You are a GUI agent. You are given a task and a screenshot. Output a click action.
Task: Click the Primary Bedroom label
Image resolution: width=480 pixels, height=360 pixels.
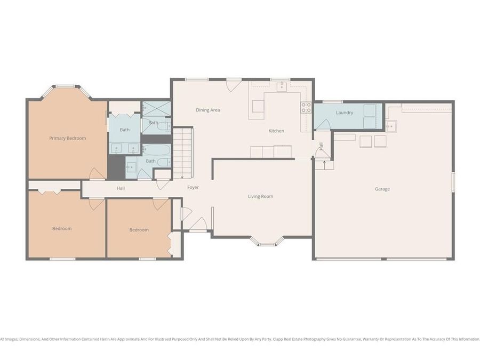(x=67, y=138)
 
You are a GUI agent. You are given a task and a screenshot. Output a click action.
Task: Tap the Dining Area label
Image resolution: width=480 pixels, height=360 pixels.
(x=208, y=110)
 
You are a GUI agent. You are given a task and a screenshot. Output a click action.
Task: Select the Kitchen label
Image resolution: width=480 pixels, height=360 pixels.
(x=276, y=131)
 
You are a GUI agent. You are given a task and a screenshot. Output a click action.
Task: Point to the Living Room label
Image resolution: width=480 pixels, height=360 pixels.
(x=260, y=196)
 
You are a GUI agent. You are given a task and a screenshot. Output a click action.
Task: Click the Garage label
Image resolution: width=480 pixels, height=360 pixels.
(x=382, y=189)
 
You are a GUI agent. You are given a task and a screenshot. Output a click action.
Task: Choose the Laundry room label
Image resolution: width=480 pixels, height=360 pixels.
(x=345, y=113)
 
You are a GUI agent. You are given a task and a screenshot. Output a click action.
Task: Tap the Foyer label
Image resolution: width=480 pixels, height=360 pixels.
(x=193, y=187)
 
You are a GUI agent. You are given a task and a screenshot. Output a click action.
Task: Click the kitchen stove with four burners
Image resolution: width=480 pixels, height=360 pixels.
(x=306, y=107)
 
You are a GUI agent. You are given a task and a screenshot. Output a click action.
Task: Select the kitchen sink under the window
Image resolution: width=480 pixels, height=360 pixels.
(x=282, y=86)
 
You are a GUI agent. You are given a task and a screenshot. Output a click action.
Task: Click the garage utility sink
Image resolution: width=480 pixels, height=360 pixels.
(x=391, y=126)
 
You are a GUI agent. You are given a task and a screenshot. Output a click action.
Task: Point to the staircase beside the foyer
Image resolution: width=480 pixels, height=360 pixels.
(x=183, y=153)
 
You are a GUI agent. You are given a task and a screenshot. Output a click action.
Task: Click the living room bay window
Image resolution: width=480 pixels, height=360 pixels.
(x=267, y=241)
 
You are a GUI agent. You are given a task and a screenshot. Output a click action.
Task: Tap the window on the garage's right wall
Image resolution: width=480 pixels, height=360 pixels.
(x=453, y=182)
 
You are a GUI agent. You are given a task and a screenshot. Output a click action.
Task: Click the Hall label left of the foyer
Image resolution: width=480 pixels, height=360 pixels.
(x=121, y=188)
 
